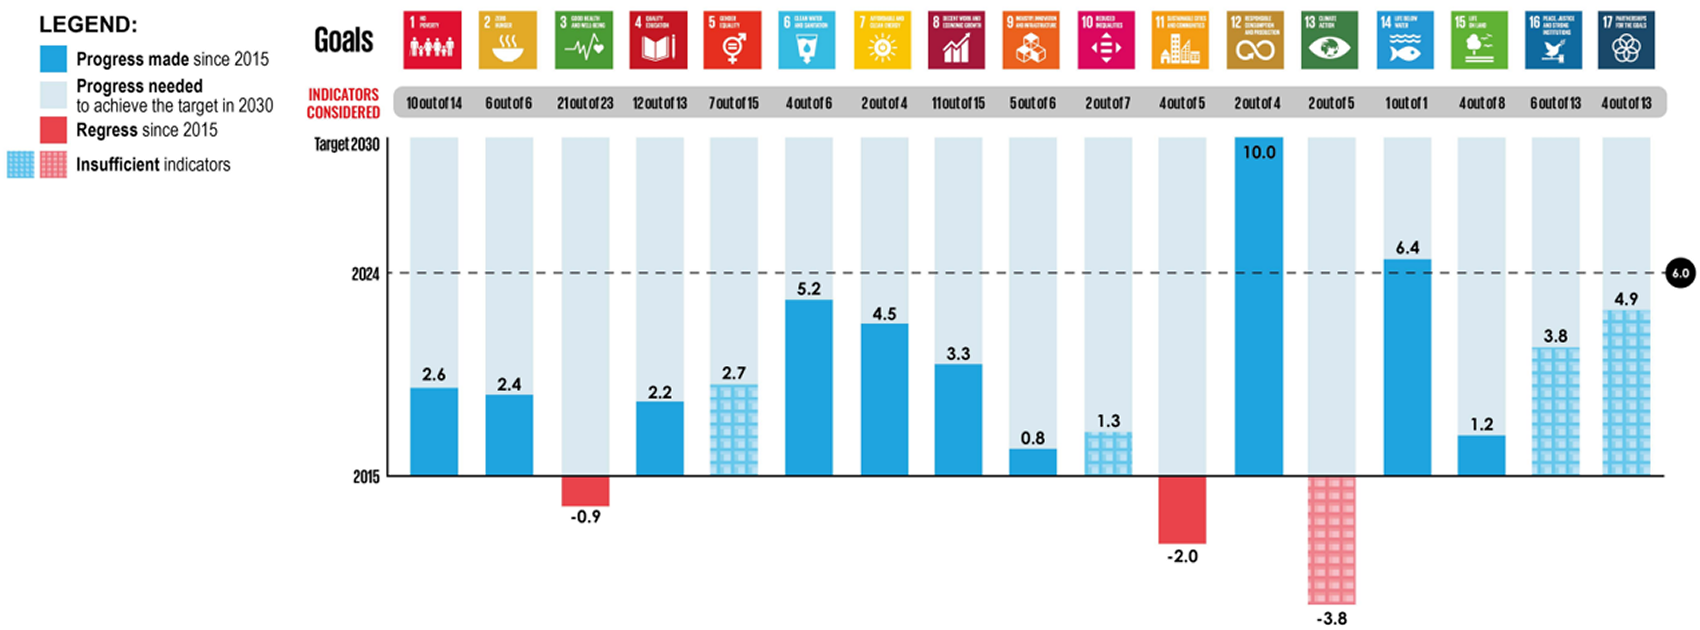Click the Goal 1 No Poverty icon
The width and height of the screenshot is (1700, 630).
tap(432, 40)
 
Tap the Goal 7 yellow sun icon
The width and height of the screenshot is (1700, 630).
tap(882, 40)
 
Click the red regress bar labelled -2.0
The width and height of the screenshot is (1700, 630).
tap(1182, 509)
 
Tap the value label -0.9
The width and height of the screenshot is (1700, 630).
tap(585, 516)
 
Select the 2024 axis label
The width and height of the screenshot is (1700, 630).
tap(365, 274)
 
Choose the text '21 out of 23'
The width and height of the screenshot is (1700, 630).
tap(585, 103)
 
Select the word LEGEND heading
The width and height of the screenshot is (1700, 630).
tap(88, 24)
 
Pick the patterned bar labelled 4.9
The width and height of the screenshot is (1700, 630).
tap(1626, 392)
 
